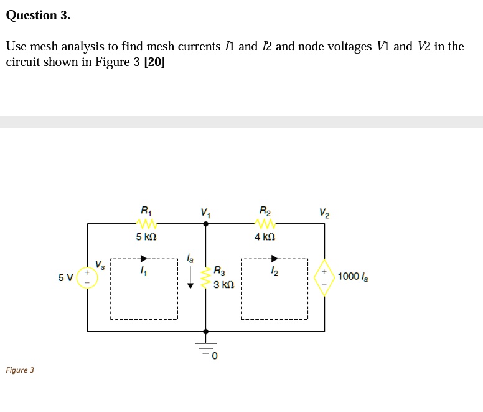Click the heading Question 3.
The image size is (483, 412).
coord(38,16)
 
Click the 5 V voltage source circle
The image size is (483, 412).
coord(87,277)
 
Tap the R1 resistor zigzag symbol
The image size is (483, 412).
coord(146,223)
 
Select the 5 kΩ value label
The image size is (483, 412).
coord(146,237)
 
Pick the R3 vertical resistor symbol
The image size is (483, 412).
coord(206,277)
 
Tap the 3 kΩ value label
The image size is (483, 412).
coord(223,285)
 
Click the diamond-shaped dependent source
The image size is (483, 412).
coord(324,277)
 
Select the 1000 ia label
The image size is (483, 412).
coord(353,277)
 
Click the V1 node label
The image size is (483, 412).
coord(205,212)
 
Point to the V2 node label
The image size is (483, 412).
coord(324,212)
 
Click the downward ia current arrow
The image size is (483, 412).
coord(190,277)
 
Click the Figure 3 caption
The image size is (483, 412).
coord(20,370)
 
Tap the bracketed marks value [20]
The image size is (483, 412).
coord(154,62)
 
